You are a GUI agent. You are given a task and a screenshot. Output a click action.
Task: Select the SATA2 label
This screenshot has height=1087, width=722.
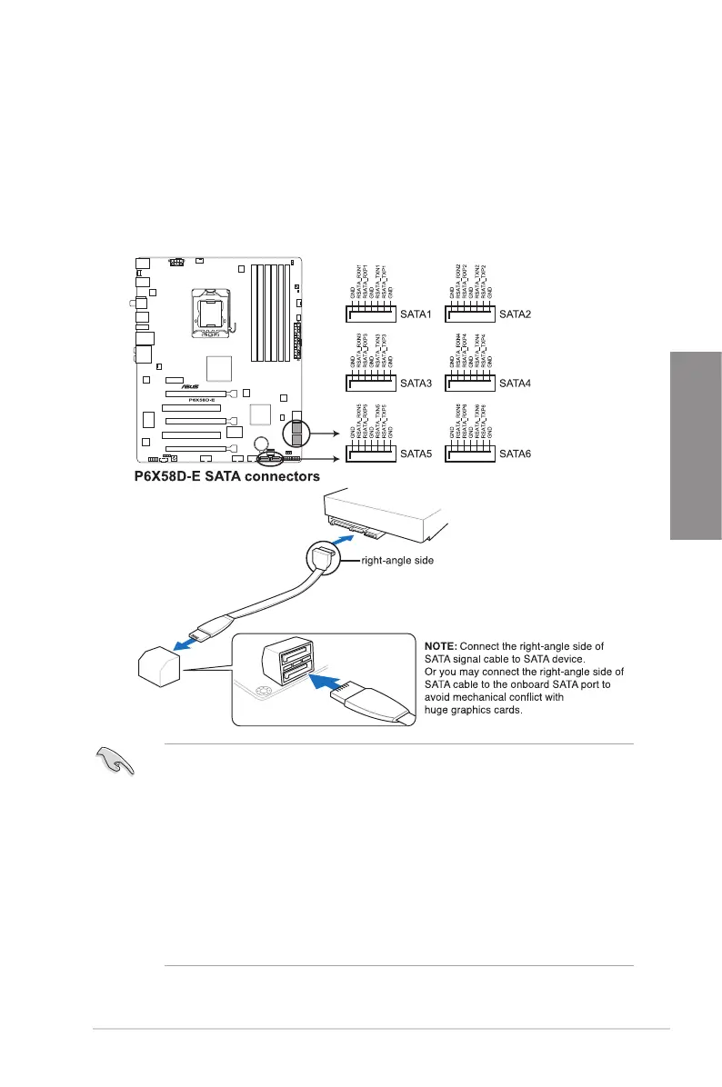point(516,314)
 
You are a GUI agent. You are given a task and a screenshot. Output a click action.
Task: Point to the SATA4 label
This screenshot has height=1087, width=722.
point(516,383)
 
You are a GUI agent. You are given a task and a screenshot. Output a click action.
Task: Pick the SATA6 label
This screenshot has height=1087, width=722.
point(516,452)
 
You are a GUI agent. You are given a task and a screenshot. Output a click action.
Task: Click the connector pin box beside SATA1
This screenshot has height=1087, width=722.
point(370,314)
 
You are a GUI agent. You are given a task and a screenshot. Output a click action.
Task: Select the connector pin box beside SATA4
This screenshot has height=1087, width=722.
point(469,383)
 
